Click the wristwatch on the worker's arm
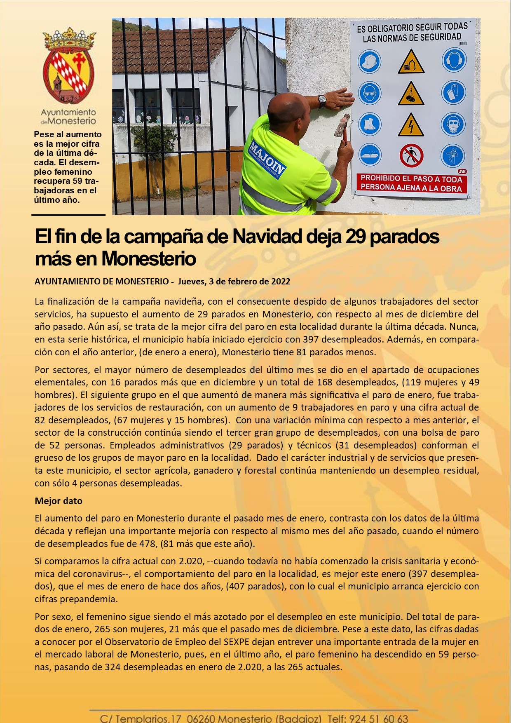tap(322, 101)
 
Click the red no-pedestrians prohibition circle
tap(411, 156)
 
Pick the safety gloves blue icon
tap(453, 92)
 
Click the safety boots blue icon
tap(370, 124)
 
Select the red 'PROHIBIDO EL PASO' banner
tap(411, 183)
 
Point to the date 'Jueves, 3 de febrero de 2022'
tap(234, 282)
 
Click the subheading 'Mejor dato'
tap(59, 501)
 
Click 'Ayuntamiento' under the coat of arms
tap(68, 112)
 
